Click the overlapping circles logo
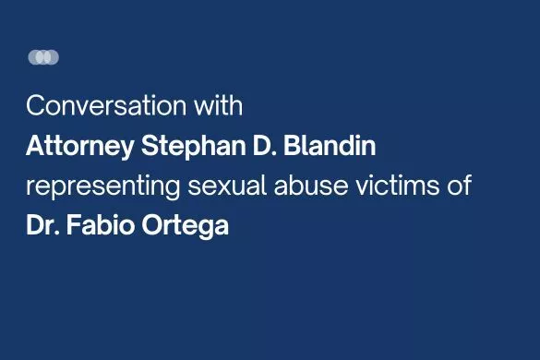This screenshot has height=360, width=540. [x=43, y=57]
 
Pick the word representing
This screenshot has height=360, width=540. [x=101, y=186]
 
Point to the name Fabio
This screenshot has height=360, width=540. [x=102, y=226]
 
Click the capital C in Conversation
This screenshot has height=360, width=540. [x=35, y=106]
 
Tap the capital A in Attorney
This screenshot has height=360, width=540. [x=34, y=146]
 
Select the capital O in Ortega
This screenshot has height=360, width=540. [x=152, y=226]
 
